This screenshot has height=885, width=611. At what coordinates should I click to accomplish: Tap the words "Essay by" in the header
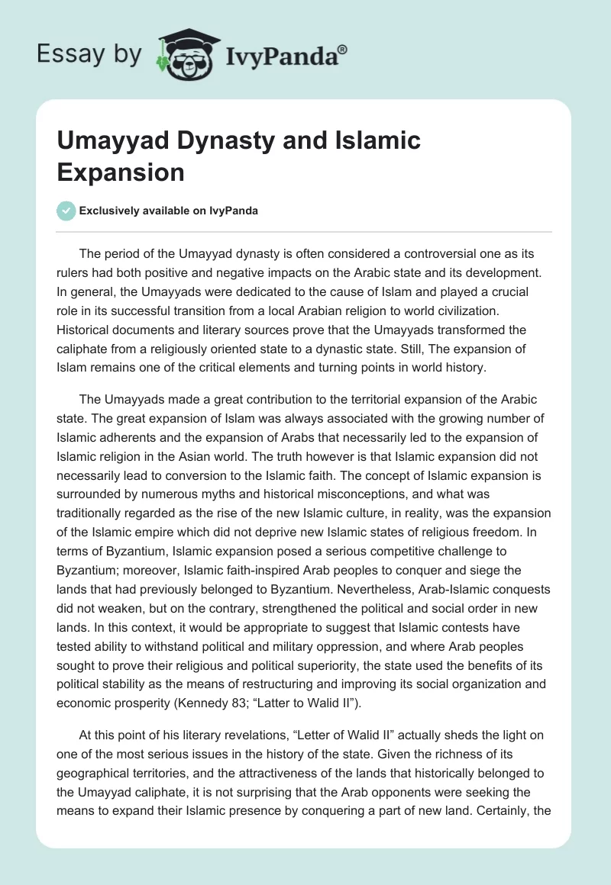click(x=89, y=53)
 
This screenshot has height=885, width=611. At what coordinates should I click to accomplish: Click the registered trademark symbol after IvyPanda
click(x=342, y=50)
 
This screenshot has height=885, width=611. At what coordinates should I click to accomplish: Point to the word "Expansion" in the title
click(x=121, y=172)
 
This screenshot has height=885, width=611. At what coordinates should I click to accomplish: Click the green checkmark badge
click(x=66, y=211)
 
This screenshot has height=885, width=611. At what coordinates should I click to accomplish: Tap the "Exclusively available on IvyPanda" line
click(x=169, y=211)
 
